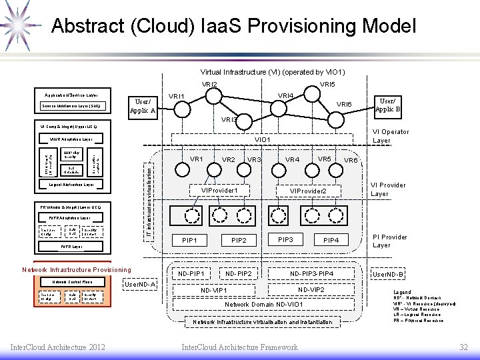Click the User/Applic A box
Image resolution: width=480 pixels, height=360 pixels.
[142, 105]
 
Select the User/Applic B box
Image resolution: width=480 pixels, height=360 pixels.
[387, 104]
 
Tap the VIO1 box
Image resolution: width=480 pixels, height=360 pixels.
[263, 140]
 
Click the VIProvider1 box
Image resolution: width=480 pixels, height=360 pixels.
[220, 191]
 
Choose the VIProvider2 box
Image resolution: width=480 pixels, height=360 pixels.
[307, 191]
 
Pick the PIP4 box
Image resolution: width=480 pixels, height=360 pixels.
[331, 239]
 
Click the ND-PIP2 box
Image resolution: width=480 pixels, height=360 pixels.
[239, 273]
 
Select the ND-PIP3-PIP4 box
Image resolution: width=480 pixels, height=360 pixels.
[312, 273]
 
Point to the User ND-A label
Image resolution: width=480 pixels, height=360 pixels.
[140, 285]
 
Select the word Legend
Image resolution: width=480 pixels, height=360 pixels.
[402, 292]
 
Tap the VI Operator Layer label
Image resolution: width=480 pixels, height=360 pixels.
[391, 136]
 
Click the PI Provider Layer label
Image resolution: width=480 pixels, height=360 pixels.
[389, 241]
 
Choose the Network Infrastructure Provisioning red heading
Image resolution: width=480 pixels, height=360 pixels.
[77, 269]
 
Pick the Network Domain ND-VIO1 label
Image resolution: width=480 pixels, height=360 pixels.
[263, 304]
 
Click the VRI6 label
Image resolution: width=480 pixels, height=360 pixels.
[344, 104]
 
